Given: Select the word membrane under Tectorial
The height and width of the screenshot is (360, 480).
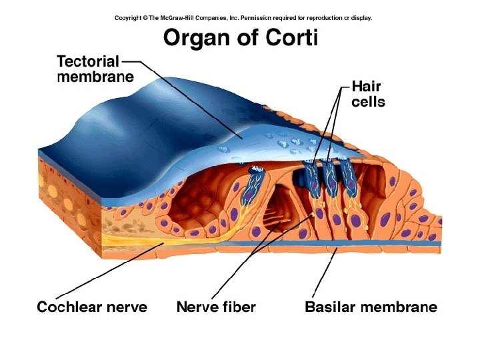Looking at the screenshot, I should pyautogui.click(x=95, y=77).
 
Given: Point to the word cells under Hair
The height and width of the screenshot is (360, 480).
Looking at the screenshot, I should pyautogui.click(x=368, y=102).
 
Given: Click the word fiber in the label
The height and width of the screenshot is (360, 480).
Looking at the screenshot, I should pyautogui.click(x=239, y=307).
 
